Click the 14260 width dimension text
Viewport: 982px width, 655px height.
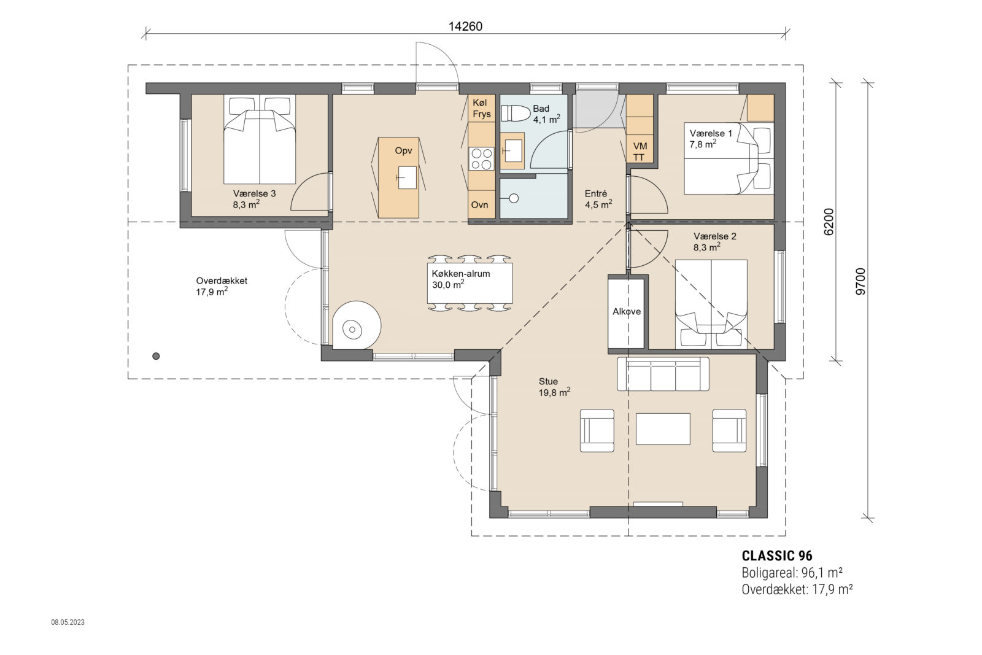466,26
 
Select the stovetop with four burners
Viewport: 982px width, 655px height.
481,158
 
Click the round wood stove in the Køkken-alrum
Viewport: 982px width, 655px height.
353,330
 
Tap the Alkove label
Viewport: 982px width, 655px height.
627,312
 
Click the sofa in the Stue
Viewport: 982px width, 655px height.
663,374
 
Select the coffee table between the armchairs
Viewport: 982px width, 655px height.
663,428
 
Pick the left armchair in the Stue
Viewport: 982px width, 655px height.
597,430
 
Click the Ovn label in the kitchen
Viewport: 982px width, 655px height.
479,204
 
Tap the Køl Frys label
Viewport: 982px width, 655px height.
481,109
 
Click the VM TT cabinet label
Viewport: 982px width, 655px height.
640,152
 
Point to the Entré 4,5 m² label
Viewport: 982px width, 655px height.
597,199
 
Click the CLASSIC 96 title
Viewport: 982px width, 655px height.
777,556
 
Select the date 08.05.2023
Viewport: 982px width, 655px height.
68,622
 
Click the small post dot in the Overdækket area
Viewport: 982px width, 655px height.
156,355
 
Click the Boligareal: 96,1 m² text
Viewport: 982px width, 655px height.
791,573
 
